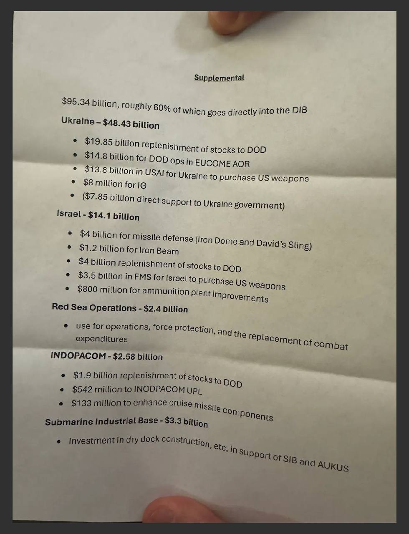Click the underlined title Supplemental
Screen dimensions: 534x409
(x=219, y=78)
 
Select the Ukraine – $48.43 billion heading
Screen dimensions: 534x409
(x=110, y=123)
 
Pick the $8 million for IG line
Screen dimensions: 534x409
(x=115, y=184)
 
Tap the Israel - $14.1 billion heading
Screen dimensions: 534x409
(x=98, y=215)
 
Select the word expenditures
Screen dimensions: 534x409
(x=101, y=339)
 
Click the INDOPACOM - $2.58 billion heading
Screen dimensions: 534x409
(x=106, y=356)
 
